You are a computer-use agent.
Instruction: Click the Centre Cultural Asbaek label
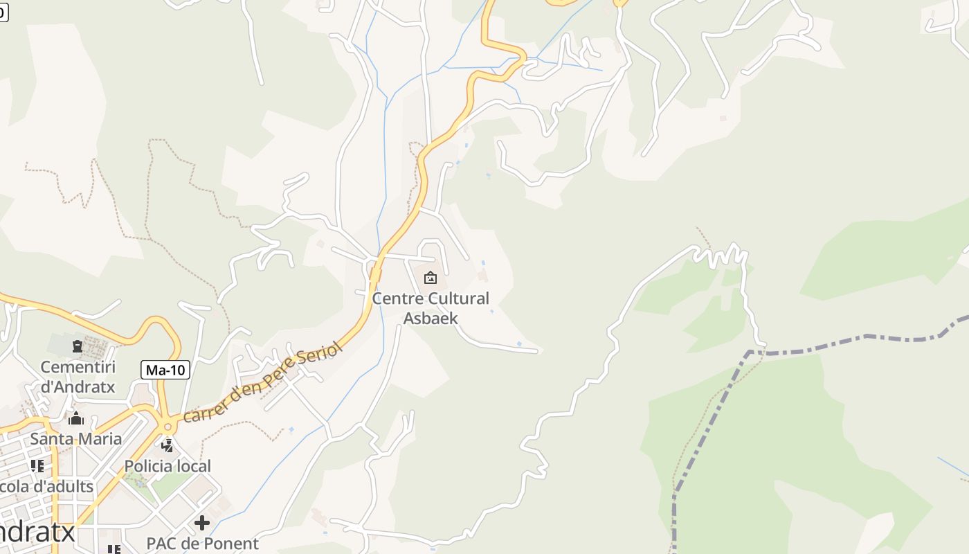coord(430,308)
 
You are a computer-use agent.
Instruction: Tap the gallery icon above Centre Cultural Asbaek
coord(431,278)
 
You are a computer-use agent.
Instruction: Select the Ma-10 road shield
coord(166,370)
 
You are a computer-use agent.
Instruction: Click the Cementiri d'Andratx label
coord(78,376)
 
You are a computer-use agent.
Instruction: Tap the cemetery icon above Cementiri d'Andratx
coord(77,345)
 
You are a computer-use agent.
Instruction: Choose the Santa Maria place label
coord(76,438)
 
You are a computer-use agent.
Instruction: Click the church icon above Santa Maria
coord(76,418)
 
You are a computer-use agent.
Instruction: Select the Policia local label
coord(167,466)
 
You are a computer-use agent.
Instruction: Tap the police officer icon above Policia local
coord(167,445)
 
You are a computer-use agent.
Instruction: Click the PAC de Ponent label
coord(202,544)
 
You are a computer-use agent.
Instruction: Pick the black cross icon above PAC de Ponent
coord(202,522)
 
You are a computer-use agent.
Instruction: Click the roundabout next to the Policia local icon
coord(166,424)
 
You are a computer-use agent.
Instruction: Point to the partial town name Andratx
coord(38,532)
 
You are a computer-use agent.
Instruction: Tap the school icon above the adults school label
coord(37,465)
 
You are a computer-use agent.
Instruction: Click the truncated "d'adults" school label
coord(47,486)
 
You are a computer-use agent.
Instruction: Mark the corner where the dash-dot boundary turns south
coord(750,352)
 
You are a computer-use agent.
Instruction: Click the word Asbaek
coord(430,318)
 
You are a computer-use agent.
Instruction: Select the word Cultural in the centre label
coord(459,298)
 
